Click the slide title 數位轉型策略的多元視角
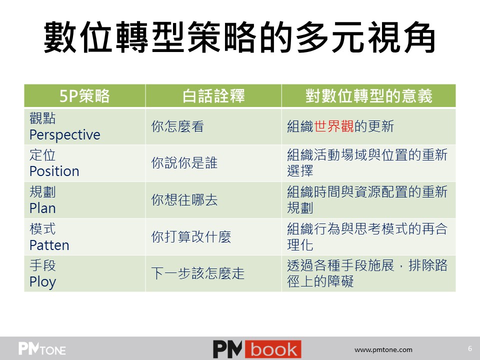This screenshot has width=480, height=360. pos(239,37)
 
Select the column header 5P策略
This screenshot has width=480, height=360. pos(84,96)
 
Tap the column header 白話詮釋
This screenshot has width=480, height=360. pos(213,96)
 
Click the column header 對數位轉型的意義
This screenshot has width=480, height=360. pos(368,96)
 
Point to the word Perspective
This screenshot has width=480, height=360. pos(65,134)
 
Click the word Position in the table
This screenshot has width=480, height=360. pos(54,171)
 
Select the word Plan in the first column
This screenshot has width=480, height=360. pos(42,208)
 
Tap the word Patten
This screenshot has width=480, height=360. pos(49,245)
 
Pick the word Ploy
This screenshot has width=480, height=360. pos(43,282)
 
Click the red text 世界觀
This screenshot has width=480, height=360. pos(334,126)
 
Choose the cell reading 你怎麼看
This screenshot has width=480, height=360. pos(177,126)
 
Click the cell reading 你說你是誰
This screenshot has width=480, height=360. pos(184,163)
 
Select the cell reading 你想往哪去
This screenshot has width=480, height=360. pos(184,200)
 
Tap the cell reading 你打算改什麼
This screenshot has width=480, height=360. pos(191,236)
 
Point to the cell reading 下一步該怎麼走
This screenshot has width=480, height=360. pos(198,273)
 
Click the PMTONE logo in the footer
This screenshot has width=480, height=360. pos(42,348)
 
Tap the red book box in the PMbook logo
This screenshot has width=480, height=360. pos(273,349)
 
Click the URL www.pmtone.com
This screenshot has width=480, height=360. pos(383,349)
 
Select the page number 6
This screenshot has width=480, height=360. pos(470,348)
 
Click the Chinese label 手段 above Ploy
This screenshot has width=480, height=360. pos(42,265)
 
